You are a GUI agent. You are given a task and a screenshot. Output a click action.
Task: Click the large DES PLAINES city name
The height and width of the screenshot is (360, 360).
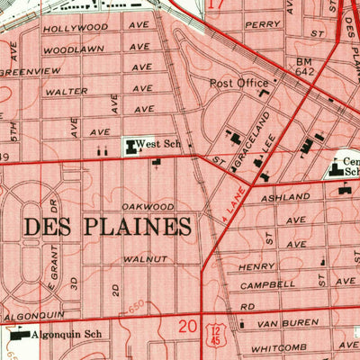pyautogui.click(x=107, y=226)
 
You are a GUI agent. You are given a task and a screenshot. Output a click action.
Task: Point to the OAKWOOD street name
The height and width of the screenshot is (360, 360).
pyautogui.click(x=148, y=205)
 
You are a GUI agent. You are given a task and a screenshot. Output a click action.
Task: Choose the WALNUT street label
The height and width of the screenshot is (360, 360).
pyautogui.click(x=145, y=259)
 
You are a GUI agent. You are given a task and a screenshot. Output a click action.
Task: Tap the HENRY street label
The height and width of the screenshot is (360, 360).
pyautogui.click(x=256, y=266)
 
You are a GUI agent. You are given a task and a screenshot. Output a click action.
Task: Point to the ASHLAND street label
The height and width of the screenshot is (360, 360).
pyautogui.click(x=278, y=197)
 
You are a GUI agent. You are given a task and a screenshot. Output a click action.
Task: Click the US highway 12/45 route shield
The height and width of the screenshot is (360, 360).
pyautogui.click(x=214, y=335)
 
